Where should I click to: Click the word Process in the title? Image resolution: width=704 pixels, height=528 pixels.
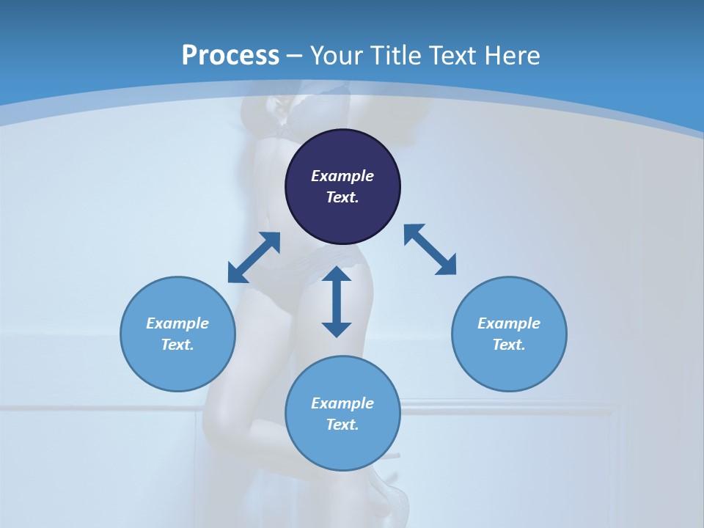coord(230,56)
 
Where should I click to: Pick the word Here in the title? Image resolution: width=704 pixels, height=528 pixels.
coord(514,56)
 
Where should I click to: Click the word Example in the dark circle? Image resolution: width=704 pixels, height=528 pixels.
coord(342,176)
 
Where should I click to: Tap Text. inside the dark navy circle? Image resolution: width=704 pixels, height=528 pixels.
coord(342,197)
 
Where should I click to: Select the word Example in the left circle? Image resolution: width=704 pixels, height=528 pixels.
coord(177,323)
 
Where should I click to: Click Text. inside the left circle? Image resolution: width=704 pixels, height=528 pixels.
coord(177,345)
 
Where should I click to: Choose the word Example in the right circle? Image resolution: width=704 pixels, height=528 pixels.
coord(509,323)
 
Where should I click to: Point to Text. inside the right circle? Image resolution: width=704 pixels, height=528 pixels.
coord(509,345)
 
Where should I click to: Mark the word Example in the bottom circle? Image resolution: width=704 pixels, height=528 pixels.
coord(342,403)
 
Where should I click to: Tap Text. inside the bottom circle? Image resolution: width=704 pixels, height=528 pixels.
coord(342,425)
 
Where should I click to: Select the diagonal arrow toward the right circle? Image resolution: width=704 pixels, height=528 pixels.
coord(430,249)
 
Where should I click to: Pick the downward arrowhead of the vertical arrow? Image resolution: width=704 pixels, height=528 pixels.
coord(337,329)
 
